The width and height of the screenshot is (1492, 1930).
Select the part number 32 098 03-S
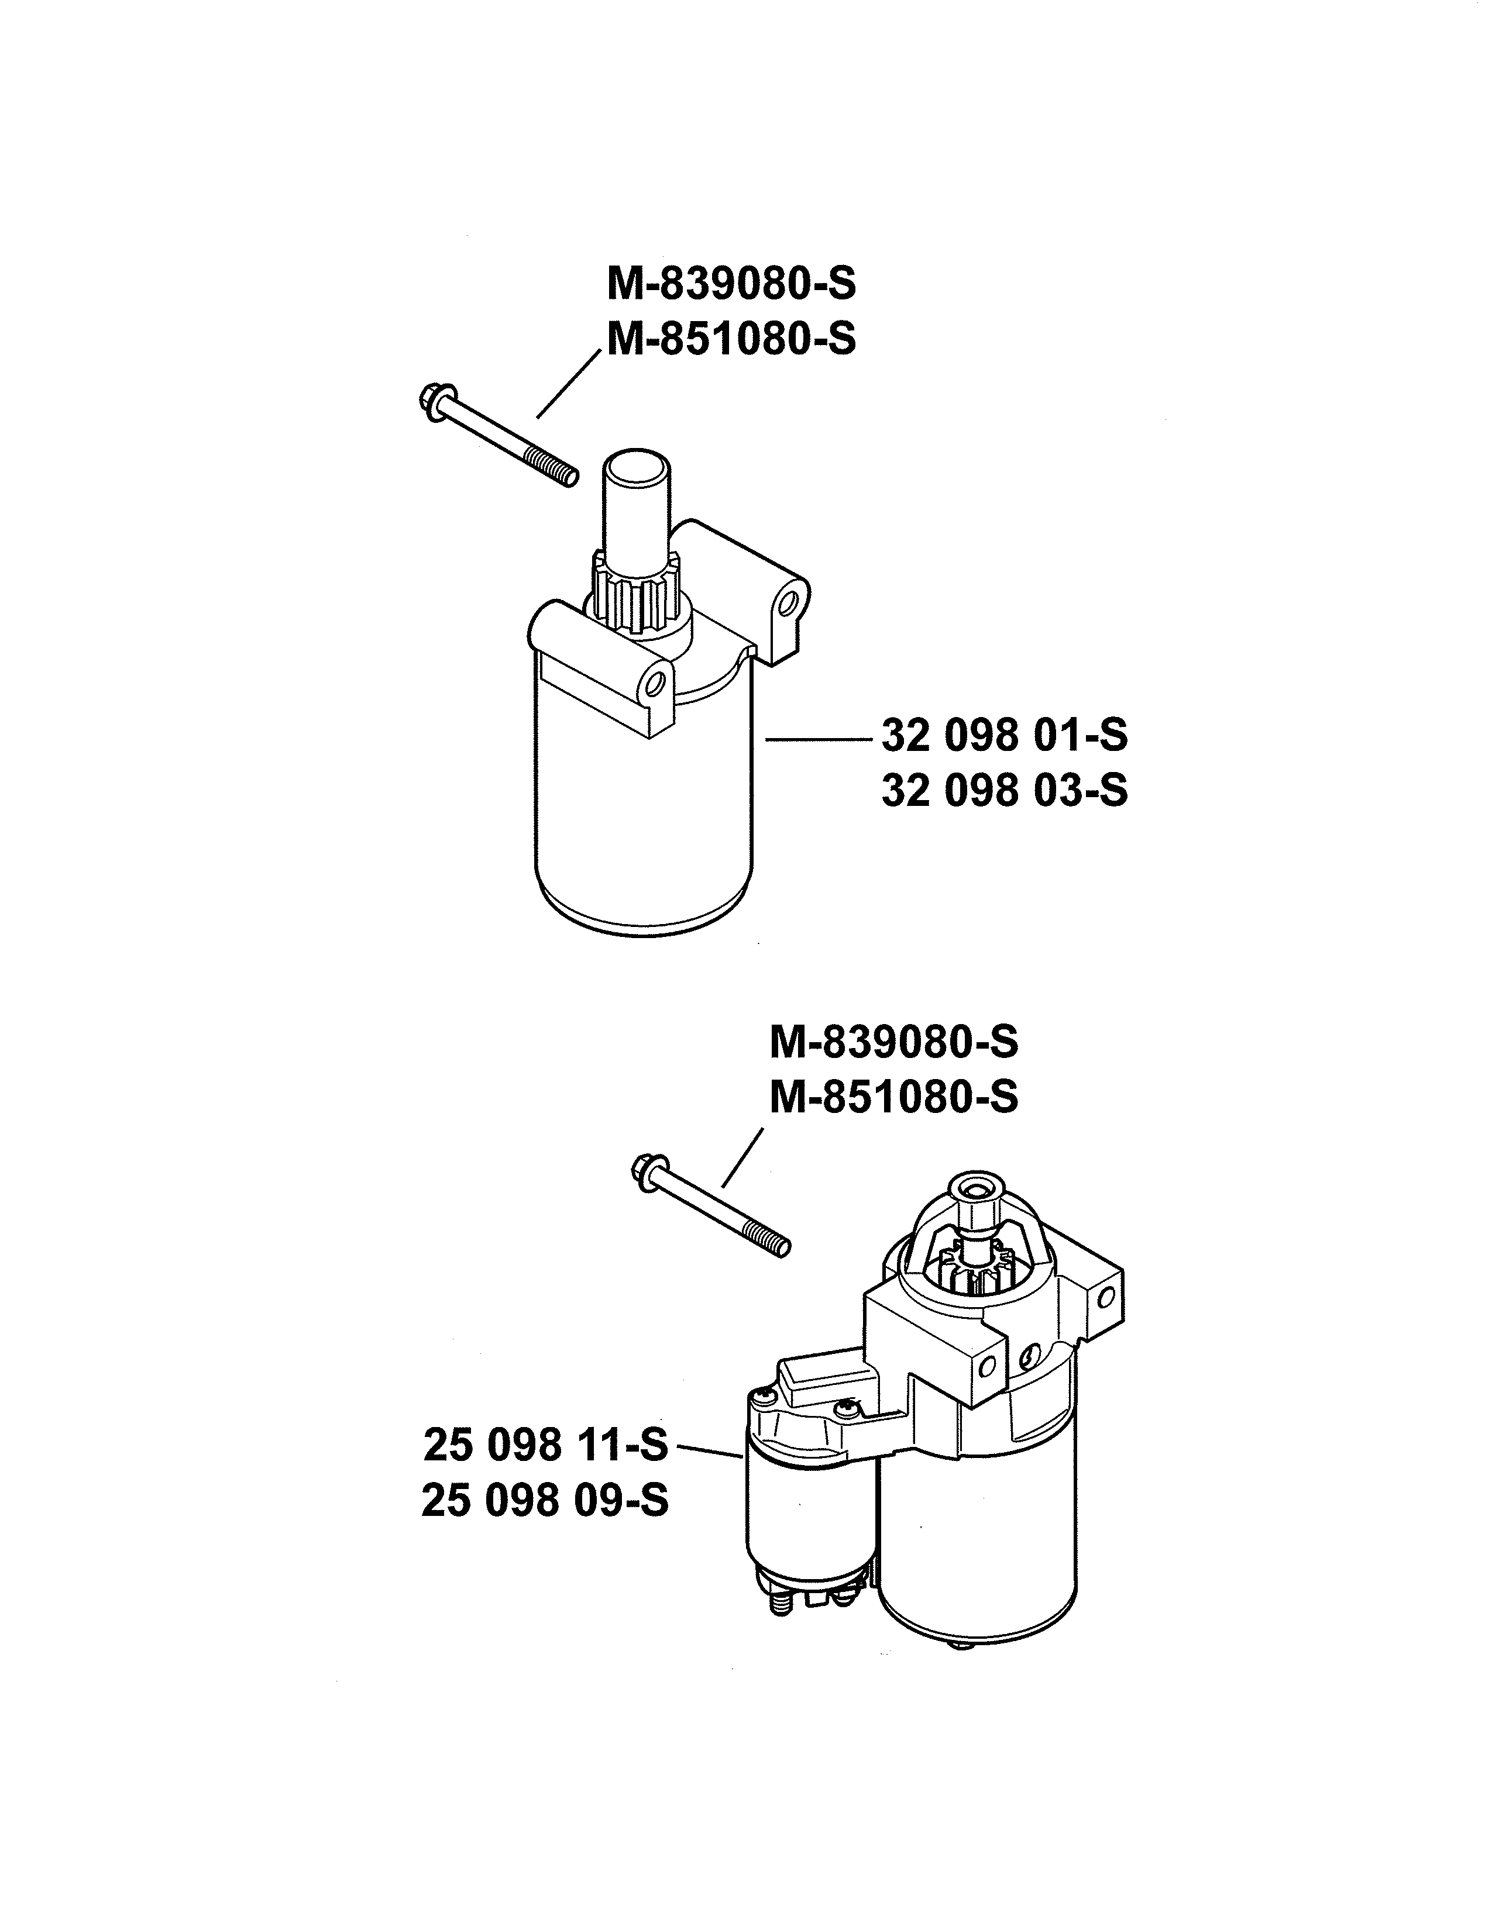[x=1004, y=790]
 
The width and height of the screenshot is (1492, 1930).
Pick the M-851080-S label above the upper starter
[x=731, y=339]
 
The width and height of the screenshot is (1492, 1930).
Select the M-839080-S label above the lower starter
[x=893, y=1043]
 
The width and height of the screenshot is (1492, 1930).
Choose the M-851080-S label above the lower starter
[x=893, y=1098]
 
